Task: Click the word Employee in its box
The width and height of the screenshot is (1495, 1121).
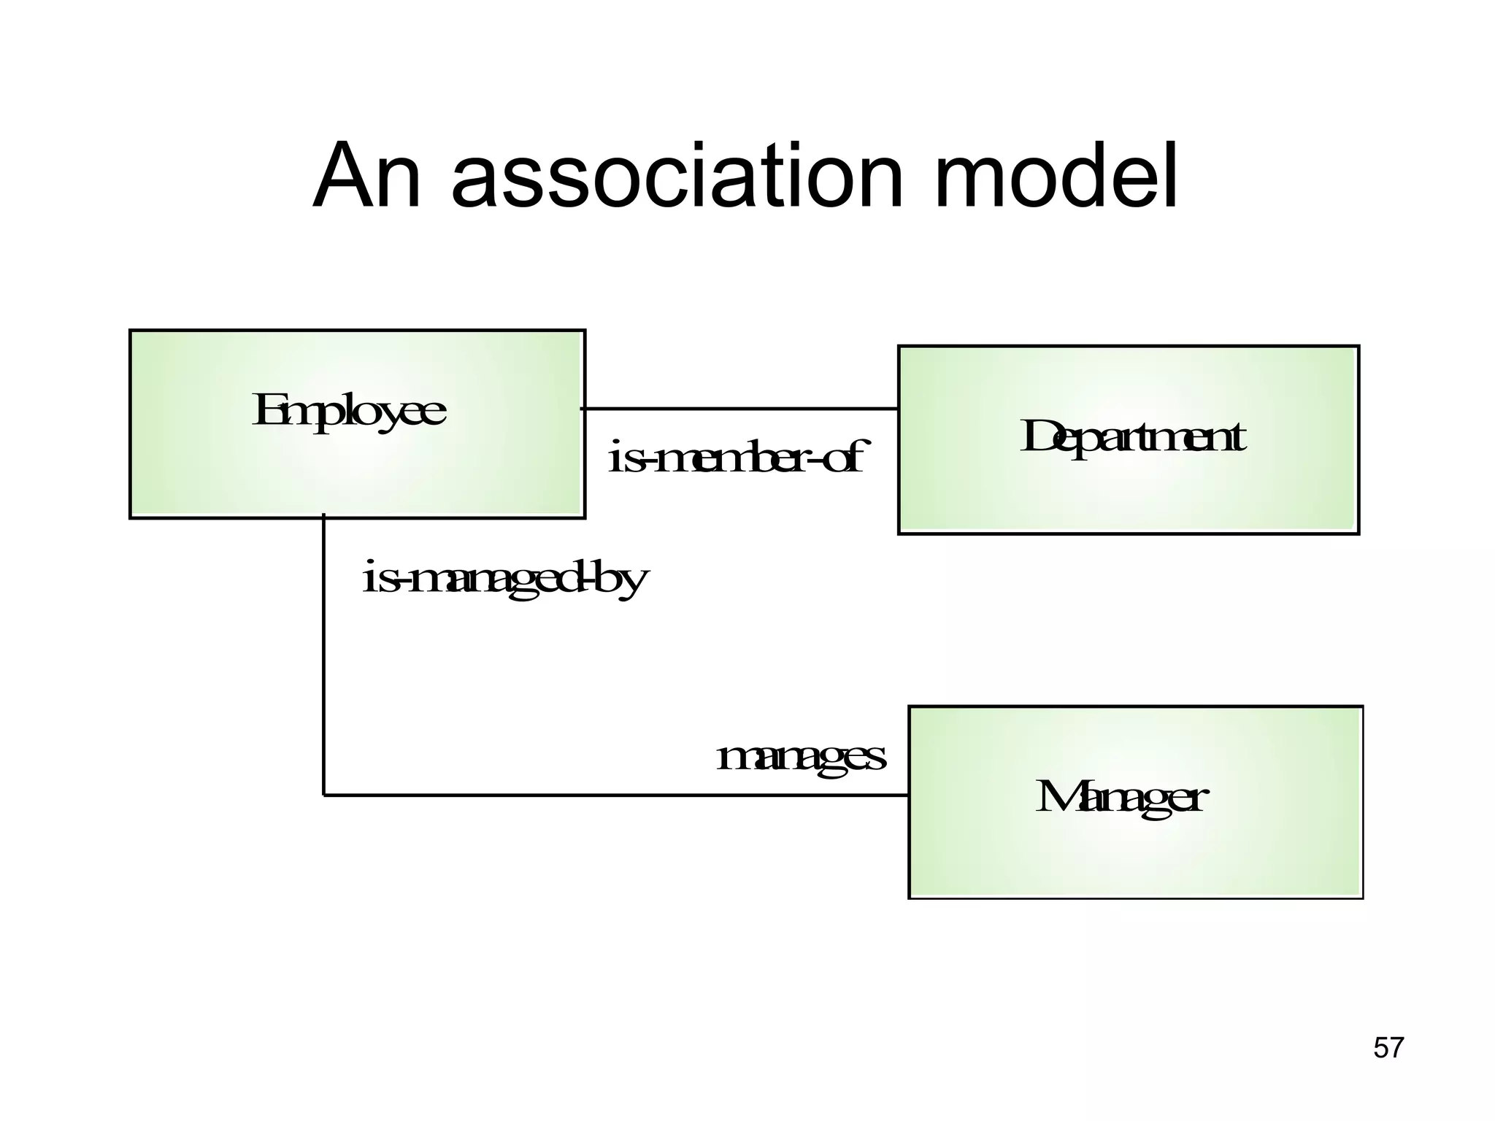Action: [x=348, y=412]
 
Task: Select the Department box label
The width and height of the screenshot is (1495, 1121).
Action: [x=1132, y=439]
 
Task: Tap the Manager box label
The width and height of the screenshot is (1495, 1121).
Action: [x=1121, y=798]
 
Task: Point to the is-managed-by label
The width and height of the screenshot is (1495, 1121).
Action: [x=505, y=580]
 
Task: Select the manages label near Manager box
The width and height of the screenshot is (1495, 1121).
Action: [x=801, y=758]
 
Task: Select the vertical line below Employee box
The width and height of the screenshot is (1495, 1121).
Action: [x=323, y=657]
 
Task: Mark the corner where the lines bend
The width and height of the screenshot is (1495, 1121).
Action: [x=323, y=795]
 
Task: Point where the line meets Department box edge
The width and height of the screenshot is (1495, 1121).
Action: [x=899, y=409]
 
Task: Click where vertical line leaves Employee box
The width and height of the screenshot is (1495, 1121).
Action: [x=323, y=518]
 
